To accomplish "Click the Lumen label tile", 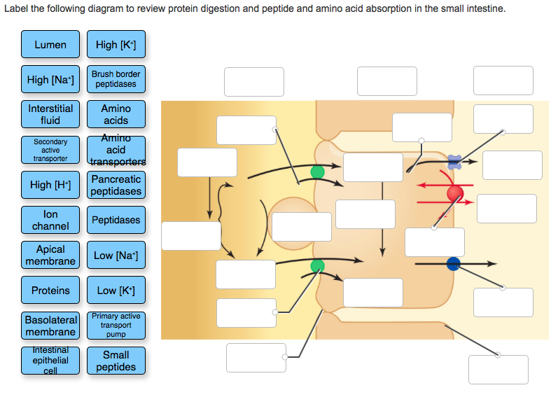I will tap(50, 45).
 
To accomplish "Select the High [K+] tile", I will tap(116, 45).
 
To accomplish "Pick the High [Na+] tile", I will tap(50, 79).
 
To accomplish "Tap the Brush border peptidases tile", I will tap(116, 79).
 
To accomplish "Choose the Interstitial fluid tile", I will tap(50, 114).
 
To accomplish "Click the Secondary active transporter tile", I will tap(50, 150).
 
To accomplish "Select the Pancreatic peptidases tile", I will tap(116, 185).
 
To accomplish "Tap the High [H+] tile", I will tap(50, 185).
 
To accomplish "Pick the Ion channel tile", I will tap(50, 220).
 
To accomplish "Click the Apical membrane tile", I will tap(50, 255).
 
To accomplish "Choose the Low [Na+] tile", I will tap(116, 255).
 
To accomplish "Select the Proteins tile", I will tap(50, 290).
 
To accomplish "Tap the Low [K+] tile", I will tap(116, 290).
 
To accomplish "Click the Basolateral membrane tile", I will tap(50, 326).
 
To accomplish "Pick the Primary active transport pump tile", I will tap(116, 326).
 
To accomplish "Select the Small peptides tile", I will tap(116, 361).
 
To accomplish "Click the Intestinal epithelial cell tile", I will tap(50, 361).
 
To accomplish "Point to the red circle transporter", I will tap(455, 193).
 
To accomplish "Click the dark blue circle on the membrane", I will tap(453, 264).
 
